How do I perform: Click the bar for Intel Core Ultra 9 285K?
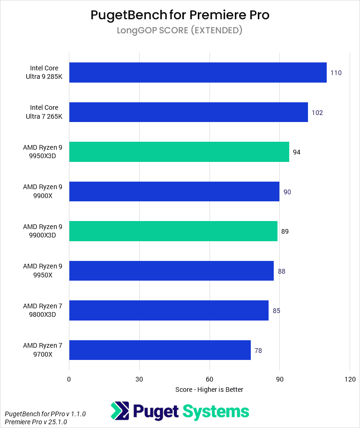pos(197,73)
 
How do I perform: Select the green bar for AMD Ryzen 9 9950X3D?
pos(179,152)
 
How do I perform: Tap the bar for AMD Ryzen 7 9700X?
pos(159,350)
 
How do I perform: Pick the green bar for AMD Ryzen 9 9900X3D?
pos(173,231)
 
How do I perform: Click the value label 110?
pos(336,73)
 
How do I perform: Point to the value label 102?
pos(317,113)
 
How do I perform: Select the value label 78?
pos(258,350)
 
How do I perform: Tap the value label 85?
pos(277,311)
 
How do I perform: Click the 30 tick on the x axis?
pos(139,379)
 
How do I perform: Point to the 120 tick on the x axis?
pos(349,379)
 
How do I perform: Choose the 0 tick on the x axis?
pos(69,379)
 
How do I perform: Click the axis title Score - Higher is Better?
pos(209,390)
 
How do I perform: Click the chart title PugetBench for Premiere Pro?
pos(180,15)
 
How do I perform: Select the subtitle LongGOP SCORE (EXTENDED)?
pos(180,31)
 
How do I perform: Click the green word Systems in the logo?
pos(216,412)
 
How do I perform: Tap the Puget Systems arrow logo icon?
pos(120,411)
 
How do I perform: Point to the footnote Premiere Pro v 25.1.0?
pos(36,422)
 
